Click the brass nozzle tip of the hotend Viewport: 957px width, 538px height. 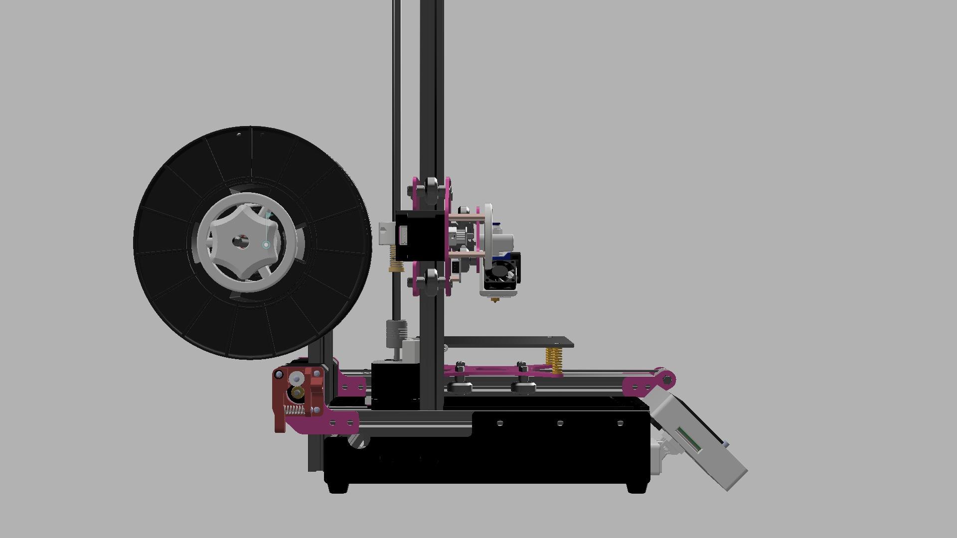point(495,300)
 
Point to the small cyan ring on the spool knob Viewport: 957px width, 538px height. point(266,245)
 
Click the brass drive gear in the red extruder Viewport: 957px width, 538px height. point(298,394)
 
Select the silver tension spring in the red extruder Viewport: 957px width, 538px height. point(294,410)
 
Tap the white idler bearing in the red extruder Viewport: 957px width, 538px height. point(296,379)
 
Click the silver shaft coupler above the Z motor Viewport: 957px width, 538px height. point(397,334)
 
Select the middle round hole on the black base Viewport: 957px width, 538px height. point(560,423)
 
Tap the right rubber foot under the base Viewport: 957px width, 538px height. point(636,488)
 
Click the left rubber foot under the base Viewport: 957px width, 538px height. point(339,488)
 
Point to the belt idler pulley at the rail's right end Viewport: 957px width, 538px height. point(667,380)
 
